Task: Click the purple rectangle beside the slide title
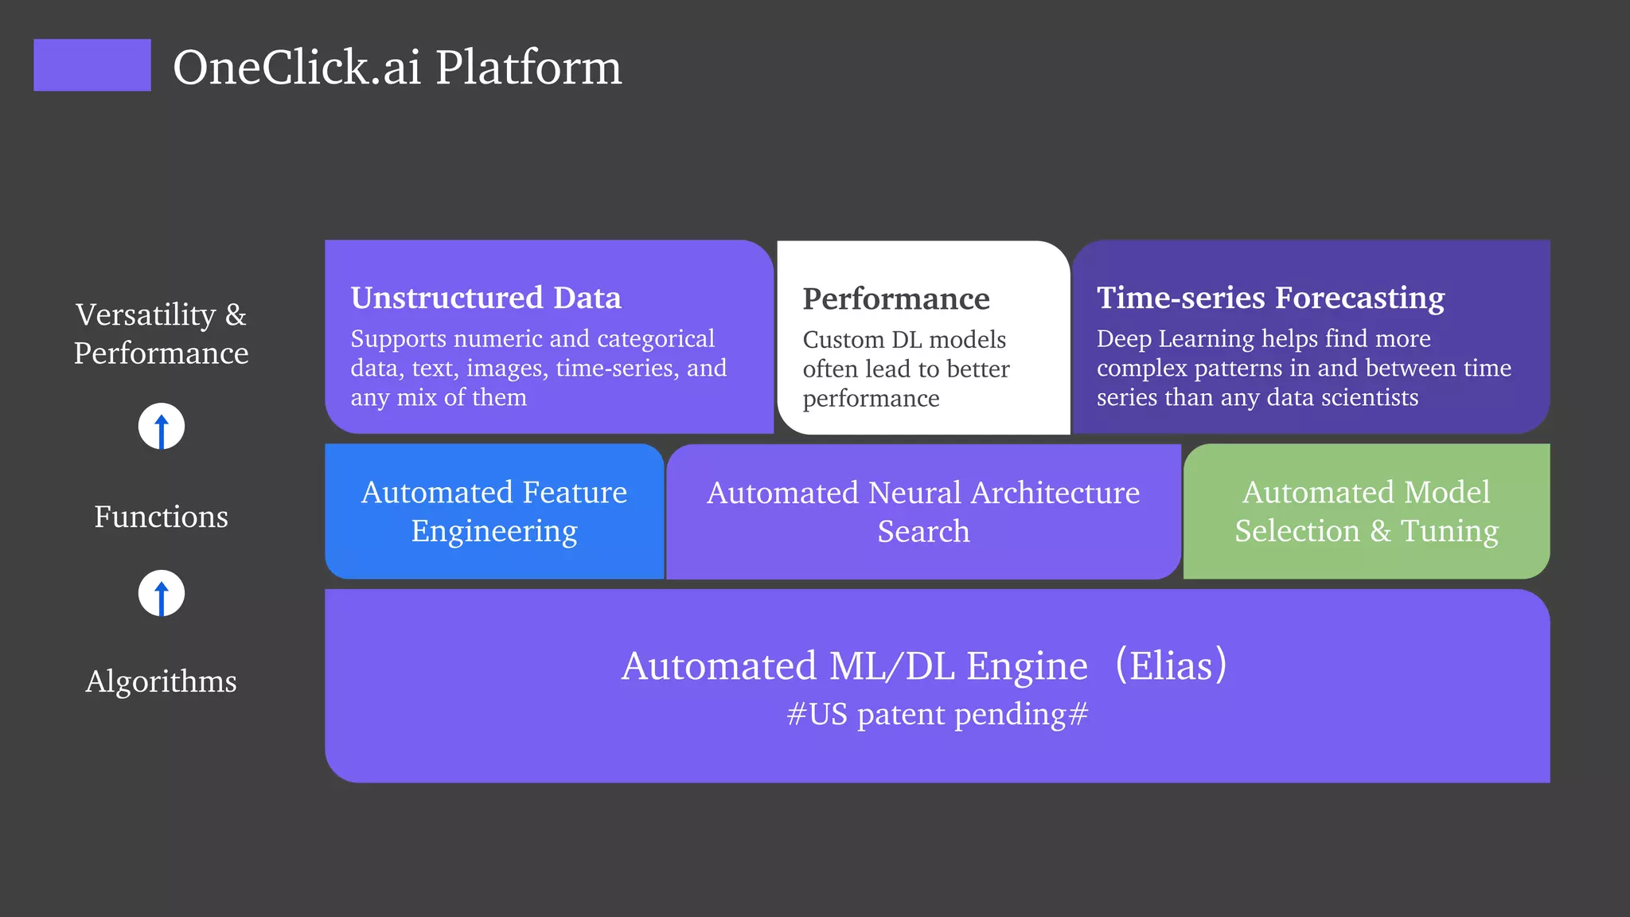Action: click(92, 65)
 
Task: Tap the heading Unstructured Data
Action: click(486, 298)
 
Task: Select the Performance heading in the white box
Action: click(896, 299)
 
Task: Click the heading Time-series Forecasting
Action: click(1270, 298)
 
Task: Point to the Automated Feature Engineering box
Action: click(494, 512)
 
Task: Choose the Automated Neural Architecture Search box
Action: click(923, 512)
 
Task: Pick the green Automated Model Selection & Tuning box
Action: click(1367, 512)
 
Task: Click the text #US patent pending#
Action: click(937, 714)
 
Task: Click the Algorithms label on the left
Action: click(162, 681)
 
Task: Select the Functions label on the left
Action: click(162, 517)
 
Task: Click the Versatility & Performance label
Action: click(162, 334)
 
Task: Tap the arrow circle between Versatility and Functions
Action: click(162, 427)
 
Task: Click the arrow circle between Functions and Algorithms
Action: click(162, 593)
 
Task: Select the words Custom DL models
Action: click(904, 340)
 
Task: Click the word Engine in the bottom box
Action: click(1027, 667)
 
